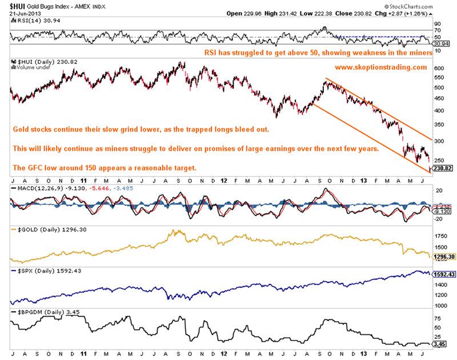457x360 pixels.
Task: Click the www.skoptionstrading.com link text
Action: point(380,67)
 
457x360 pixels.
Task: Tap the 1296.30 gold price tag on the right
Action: point(443,257)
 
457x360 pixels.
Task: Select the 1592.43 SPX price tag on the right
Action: point(443,274)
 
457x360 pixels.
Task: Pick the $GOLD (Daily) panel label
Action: point(39,229)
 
